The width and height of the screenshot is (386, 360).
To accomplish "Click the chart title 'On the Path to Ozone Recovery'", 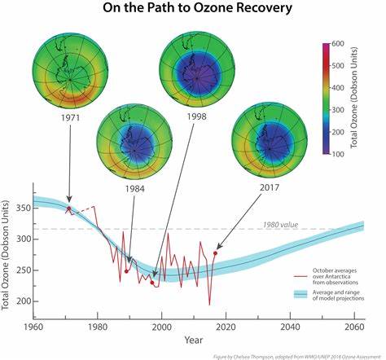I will [x=193, y=10].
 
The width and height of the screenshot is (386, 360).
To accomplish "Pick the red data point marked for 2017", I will [x=215, y=253].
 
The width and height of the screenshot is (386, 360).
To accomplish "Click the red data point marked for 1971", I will [x=68, y=209].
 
